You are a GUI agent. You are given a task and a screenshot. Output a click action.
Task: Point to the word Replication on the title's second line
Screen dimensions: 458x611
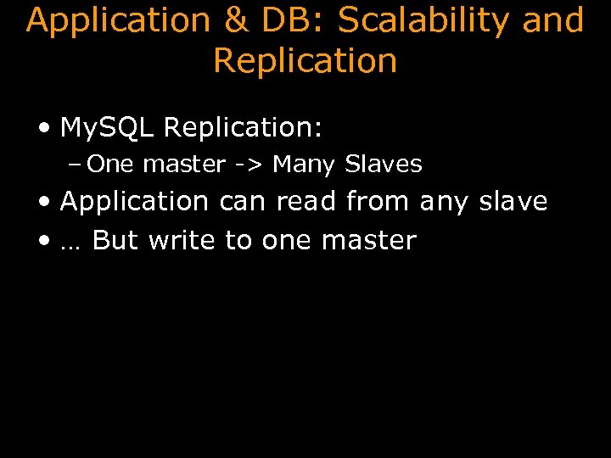(305, 61)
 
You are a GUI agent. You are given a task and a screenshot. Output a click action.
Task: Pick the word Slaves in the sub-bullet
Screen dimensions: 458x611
(384, 164)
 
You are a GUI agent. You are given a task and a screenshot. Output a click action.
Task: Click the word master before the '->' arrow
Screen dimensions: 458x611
(184, 164)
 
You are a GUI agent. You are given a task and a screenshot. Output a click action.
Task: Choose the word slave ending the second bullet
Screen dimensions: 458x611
(513, 202)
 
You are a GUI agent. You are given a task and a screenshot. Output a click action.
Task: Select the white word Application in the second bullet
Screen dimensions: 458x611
(134, 202)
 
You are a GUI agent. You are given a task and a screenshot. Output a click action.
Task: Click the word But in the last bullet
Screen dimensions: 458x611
(115, 241)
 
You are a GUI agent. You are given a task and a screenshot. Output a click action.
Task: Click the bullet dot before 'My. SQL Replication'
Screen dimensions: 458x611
(44, 129)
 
